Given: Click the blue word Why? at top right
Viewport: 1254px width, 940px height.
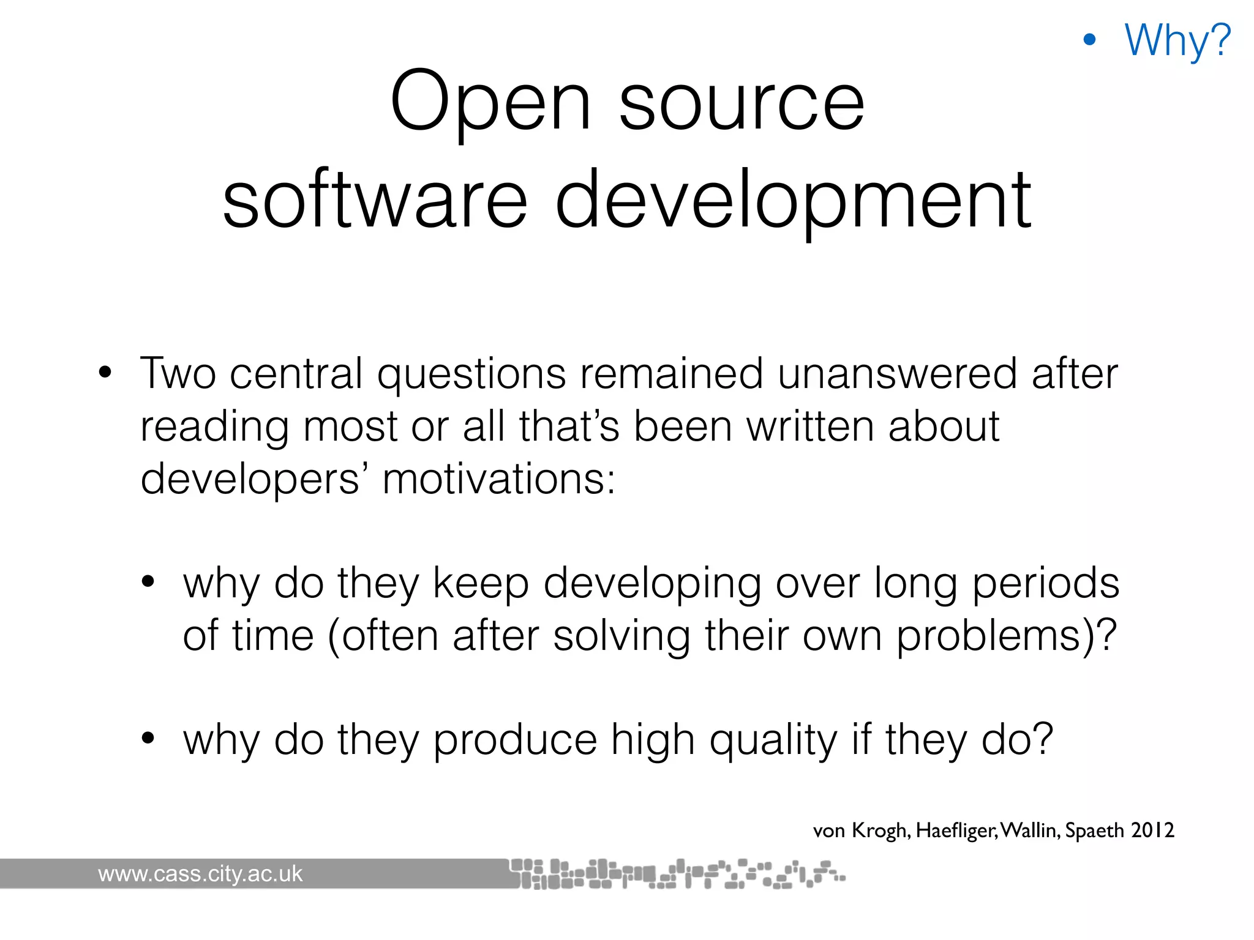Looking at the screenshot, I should click(x=1177, y=40).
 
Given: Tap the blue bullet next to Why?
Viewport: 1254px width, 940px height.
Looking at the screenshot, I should click(x=1089, y=40).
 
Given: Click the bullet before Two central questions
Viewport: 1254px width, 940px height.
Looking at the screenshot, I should click(x=105, y=373).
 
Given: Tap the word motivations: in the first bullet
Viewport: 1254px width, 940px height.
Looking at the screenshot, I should click(x=498, y=479).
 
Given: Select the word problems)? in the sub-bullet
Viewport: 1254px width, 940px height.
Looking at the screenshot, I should click(x=1007, y=636).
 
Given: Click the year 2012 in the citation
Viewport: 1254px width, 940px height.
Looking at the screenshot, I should click(x=1152, y=830).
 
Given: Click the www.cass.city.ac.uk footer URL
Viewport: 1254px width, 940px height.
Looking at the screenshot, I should click(x=200, y=874).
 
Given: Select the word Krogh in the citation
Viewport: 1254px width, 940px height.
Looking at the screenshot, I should click(x=880, y=830).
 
